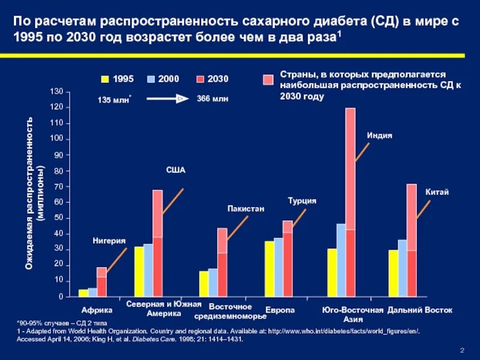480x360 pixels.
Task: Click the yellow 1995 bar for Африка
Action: [83, 293]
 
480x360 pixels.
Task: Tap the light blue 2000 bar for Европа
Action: [278, 267]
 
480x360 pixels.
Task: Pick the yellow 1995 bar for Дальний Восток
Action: [393, 273]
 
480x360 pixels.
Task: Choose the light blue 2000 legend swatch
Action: [151, 79]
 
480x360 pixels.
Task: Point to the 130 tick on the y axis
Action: [56, 92]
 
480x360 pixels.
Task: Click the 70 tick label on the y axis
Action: [56, 187]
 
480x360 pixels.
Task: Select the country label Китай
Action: [437, 192]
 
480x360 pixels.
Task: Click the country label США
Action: [176, 170]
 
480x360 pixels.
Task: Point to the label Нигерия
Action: [109, 241]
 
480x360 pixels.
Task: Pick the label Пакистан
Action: [245, 209]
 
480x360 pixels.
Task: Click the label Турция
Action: [301, 201]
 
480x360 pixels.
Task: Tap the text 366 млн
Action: [212, 98]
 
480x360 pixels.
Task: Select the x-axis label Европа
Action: [280, 310]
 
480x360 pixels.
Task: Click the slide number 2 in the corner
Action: [463, 350]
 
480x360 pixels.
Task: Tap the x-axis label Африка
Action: [97, 310]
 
